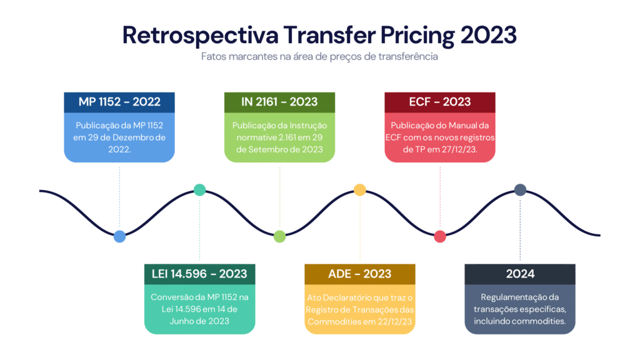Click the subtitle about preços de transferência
pos(319,56)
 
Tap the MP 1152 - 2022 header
pos(119,102)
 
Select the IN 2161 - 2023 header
pos(279,102)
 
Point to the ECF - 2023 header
pos(440,102)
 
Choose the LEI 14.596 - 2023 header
pos(199,274)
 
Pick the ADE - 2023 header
pos(359,274)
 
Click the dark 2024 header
pos(520,274)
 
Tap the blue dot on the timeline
pos(119,236)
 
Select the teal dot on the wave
pos(199,189)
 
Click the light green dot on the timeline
pos(279,236)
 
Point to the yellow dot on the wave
pos(359,189)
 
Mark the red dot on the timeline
pos(440,236)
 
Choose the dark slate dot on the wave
pos(520,189)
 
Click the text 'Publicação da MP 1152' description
pos(119,125)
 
